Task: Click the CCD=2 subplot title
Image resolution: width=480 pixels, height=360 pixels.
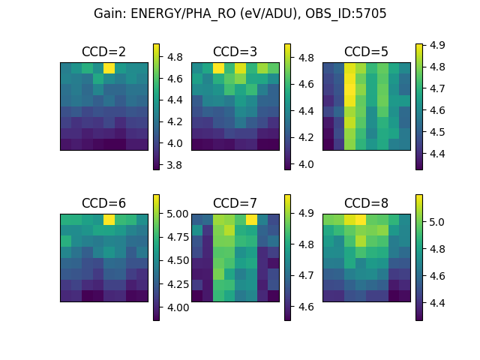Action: [103, 52]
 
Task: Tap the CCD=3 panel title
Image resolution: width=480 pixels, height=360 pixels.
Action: [235, 52]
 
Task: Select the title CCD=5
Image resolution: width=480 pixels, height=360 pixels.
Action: [366, 52]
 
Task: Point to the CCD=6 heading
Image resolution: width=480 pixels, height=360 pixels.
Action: [103, 203]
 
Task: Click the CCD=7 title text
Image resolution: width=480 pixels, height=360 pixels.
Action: [235, 203]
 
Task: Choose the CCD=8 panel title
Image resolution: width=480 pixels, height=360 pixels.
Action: [366, 203]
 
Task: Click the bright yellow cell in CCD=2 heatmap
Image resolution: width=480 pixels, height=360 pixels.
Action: [109, 68]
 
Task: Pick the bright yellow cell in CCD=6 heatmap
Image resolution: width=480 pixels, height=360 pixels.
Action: [109, 220]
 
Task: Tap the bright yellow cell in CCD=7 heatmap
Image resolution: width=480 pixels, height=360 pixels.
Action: [251, 220]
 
